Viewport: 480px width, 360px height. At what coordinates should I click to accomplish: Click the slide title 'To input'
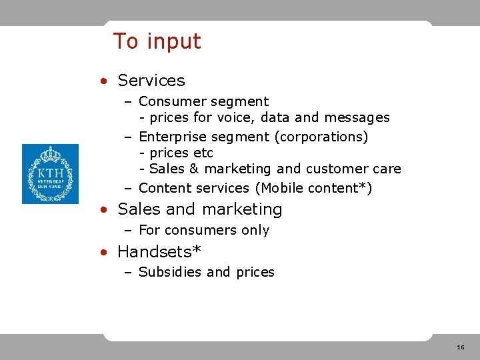157,41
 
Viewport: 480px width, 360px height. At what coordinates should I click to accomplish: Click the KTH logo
50,174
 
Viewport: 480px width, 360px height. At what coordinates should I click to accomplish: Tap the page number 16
461,347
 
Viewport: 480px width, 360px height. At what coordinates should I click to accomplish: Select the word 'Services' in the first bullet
151,81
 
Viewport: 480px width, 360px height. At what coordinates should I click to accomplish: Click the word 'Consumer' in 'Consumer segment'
170,102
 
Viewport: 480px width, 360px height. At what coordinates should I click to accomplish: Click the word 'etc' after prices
202,153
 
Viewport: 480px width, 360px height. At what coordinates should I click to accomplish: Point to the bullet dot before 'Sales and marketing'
103,210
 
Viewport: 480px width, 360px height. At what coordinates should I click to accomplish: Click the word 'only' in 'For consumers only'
256,230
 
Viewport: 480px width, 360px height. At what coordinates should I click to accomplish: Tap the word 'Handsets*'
159,251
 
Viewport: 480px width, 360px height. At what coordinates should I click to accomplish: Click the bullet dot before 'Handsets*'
103,253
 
